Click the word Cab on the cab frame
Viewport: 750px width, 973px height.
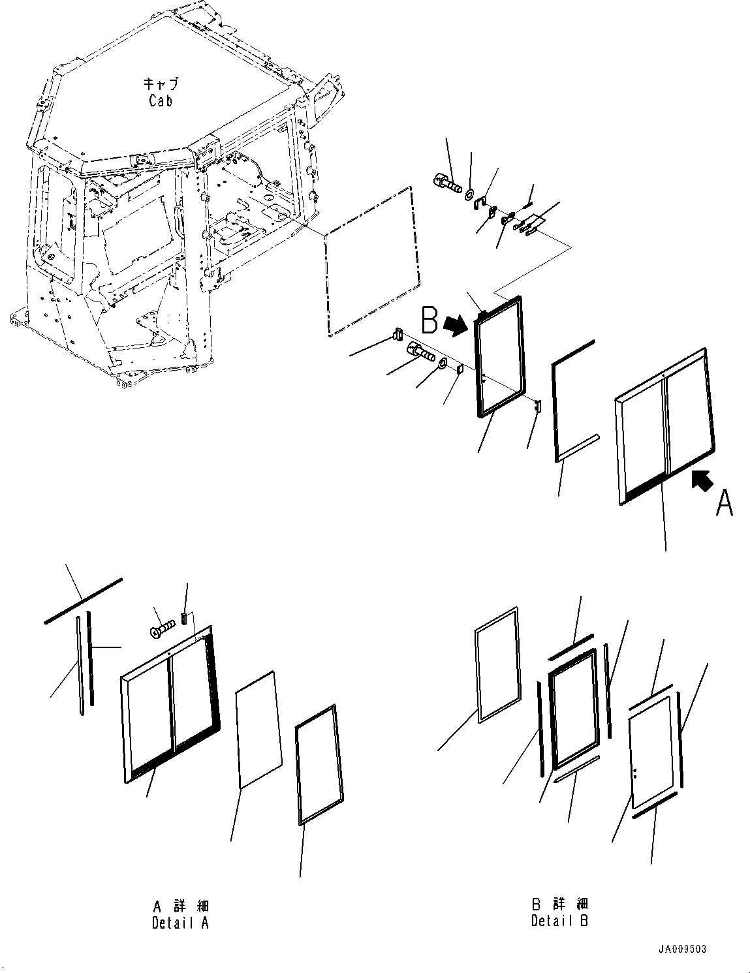[x=161, y=100]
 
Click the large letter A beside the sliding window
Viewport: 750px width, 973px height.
[x=724, y=502]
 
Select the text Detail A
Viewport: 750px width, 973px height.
[x=180, y=923]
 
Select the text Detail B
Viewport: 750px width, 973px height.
[x=559, y=921]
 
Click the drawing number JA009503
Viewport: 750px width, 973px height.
[x=682, y=950]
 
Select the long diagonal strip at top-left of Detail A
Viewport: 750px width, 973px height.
[x=83, y=601]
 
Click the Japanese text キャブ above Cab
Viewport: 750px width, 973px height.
[x=161, y=84]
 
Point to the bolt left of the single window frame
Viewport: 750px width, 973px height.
[x=420, y=352]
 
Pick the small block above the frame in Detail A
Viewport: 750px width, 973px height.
[x=185, y=617]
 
